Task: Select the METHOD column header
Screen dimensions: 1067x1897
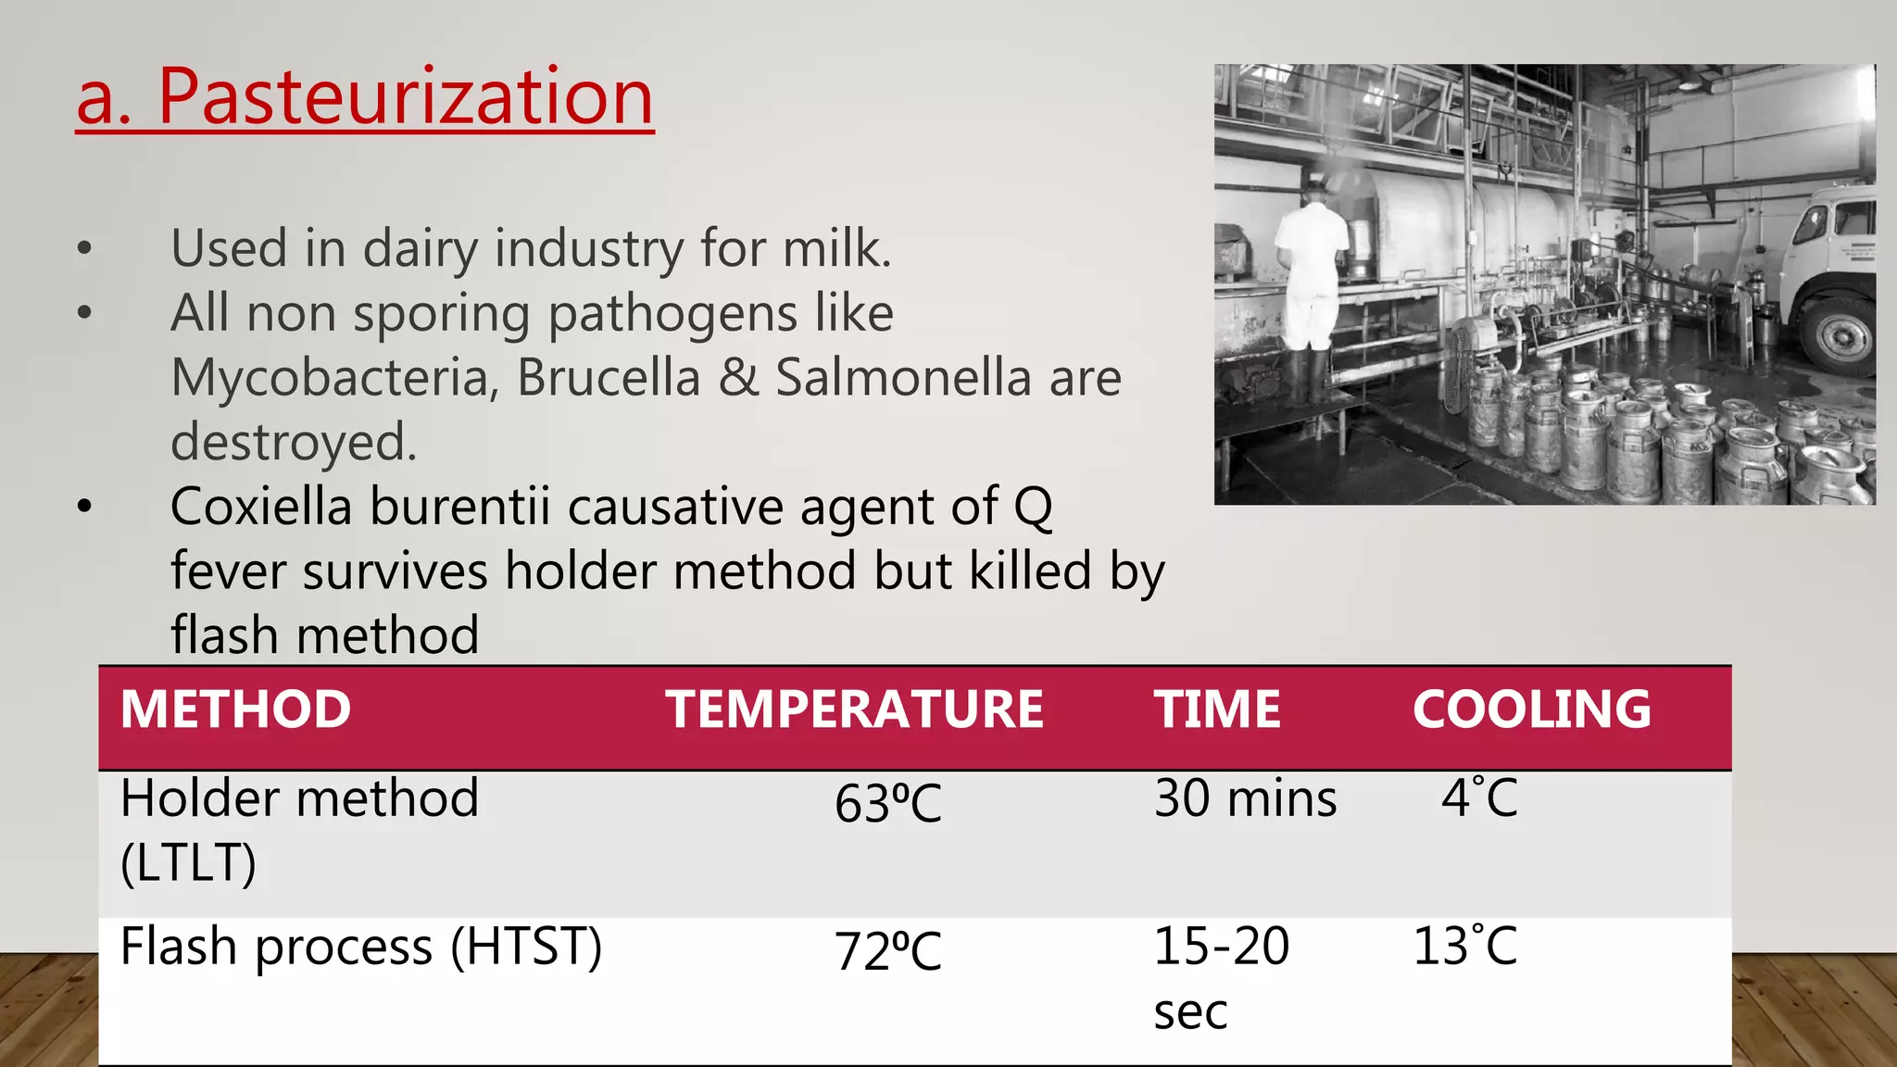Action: [x=235, y=709]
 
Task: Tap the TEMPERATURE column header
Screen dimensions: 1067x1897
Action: [x=854, y=709]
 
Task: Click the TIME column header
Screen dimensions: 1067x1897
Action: [x=1217, y=709]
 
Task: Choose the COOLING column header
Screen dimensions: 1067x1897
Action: [x=1531, y=709]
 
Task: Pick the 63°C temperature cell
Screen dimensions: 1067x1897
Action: [x=887, y=803]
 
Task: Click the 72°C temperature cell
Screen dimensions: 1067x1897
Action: [x=887, y=951]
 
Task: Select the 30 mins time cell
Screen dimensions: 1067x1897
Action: [x=1245, y=798]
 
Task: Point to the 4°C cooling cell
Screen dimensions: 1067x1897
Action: [x=1479, y=797]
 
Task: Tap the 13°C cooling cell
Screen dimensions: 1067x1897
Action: [x=1464, y=947]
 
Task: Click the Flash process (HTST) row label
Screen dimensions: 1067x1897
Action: [x=361, y=947]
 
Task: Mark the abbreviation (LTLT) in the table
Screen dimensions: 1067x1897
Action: [x=188, y=863]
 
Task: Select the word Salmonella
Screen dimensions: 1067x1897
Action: [x=903, y=378]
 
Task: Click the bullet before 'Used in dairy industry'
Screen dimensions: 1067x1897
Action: [x=85, y=248]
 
